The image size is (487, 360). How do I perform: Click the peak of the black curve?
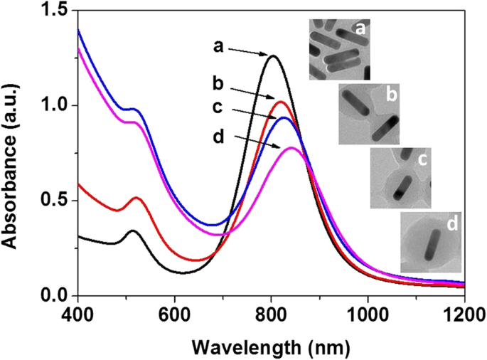pos(272,55)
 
